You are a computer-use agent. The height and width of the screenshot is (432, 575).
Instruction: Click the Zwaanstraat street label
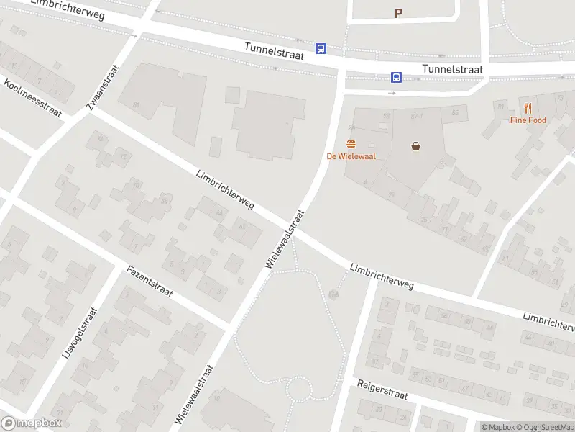101,87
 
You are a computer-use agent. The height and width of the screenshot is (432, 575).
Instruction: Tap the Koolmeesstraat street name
33,98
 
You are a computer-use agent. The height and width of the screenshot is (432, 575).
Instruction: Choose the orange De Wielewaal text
351,156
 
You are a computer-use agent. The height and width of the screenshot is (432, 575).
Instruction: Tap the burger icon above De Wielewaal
351,144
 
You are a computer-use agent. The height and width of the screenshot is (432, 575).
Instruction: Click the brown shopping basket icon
416,146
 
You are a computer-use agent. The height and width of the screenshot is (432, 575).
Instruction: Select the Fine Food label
528,120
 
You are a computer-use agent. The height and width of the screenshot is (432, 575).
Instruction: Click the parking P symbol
398,13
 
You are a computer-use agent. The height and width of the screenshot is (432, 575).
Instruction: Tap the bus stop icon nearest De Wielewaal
396,77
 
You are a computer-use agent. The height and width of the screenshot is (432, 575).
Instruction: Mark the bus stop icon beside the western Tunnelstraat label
321,49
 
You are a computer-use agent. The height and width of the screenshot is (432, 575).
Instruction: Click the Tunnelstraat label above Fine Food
453,69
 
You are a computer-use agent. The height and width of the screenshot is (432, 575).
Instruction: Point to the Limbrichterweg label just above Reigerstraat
382,276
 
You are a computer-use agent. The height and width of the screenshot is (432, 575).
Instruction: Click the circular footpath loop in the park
298,390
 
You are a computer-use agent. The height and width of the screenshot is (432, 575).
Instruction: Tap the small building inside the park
333,294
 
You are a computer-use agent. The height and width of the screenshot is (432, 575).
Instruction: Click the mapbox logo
32,423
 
